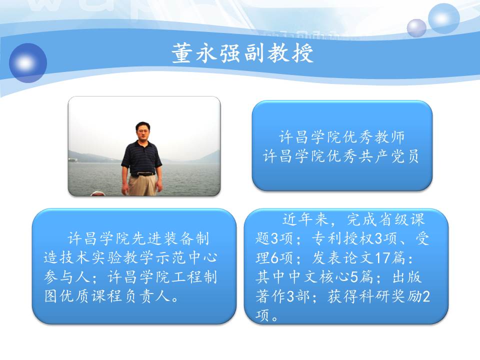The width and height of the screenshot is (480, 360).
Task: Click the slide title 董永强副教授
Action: (243, 53)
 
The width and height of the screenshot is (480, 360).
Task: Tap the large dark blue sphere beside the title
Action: (28, 63)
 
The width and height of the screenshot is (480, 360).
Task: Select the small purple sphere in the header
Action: (416, 28)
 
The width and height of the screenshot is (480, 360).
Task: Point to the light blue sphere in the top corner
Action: (443, 18)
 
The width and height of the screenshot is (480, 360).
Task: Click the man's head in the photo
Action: (141, 130)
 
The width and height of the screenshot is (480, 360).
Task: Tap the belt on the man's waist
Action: (142, 174)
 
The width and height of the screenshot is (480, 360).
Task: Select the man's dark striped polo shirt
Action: (141, 157)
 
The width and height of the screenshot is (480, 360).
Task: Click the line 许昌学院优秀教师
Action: (341, 137)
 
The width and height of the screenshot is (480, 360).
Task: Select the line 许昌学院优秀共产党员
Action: (341, 156)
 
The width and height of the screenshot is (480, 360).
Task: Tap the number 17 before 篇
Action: (381, 258)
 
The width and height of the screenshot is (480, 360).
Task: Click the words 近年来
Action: (305, 219)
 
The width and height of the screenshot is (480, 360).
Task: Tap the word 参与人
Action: (66, 277)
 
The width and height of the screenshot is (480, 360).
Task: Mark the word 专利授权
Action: (343, 239)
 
